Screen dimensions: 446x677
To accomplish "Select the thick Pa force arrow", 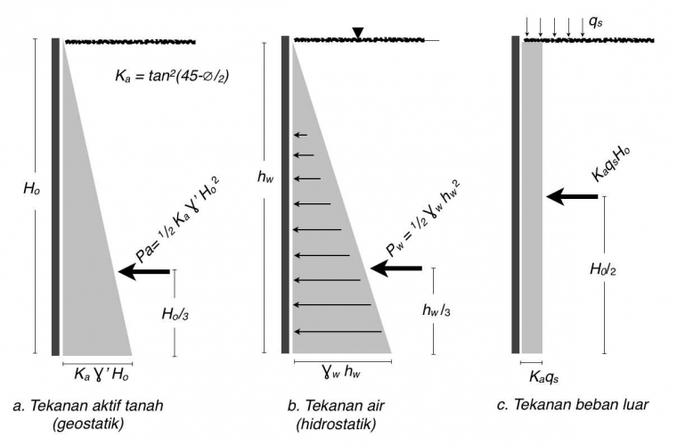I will point(144,270).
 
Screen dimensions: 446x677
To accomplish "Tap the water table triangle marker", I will point(357,34).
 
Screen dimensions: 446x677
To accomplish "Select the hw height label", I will point(265,178).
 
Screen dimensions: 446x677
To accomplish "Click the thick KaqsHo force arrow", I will point(572,196).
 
